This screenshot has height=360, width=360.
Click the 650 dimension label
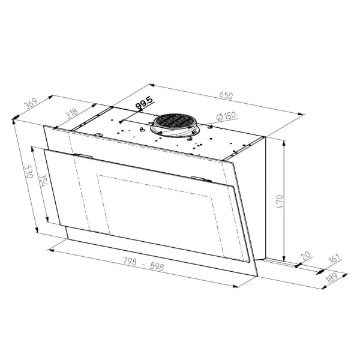click(x=226, y=95)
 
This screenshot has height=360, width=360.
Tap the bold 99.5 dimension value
click(x=144, y=103)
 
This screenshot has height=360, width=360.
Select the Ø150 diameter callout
click(x=226, y=116)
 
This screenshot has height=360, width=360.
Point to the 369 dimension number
click(x=31, y=104)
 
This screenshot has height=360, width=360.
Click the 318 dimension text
click(x=72, y=113)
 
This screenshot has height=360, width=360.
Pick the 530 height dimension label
click(x=29, y=172)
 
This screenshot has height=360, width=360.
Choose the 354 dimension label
click(x=43, y=181)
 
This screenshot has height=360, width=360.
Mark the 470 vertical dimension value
click(x=280, y=202)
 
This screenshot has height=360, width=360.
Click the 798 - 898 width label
click(x=144, y=263)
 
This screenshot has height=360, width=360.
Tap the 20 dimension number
click(x=306, y=256)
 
